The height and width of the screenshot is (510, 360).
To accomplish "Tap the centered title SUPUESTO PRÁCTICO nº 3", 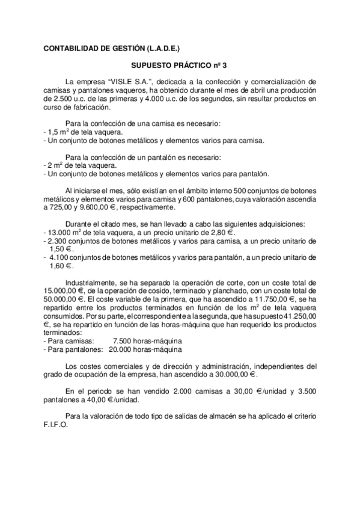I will click(x=179, y=63).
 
